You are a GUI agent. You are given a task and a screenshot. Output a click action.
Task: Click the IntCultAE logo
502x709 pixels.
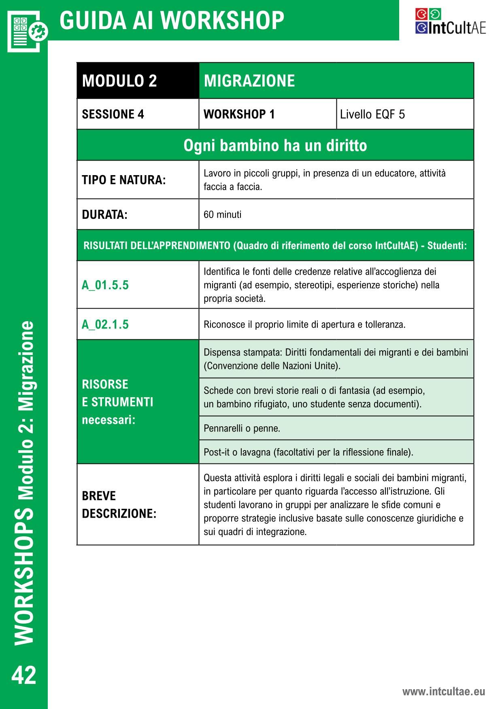click(x=450, y=22)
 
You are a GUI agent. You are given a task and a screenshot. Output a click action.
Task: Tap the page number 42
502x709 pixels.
click(x=24, y=675)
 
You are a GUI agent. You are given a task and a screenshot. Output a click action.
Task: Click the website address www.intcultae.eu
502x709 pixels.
click(x=443, y=691)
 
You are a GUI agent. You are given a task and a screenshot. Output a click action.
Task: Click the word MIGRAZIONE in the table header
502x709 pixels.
click(x=249, y=80)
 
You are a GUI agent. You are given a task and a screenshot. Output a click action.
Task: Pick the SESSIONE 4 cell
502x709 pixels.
click(x=113, y=114)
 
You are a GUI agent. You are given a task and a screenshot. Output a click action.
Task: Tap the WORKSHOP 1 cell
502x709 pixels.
click(x=239, y=114)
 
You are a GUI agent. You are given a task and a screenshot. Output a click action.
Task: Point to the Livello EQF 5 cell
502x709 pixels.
click(x=372, y=114)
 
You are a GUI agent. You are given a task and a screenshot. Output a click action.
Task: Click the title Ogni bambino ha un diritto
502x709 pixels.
click(x=275, y=145)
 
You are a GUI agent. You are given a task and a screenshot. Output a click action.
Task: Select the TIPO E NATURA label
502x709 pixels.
click(x=124, y=180)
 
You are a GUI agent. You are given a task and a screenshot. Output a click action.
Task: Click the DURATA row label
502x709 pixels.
click(x=104, y=214)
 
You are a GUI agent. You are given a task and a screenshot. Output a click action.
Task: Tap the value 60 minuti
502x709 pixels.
click(x=222, y=214)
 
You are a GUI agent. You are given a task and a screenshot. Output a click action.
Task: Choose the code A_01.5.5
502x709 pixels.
click(x=105, y=285)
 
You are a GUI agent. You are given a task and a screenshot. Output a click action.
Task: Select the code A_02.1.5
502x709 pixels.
click(x=105, y=324)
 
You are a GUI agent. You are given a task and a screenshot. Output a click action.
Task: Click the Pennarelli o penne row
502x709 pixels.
click(x=242, y=428)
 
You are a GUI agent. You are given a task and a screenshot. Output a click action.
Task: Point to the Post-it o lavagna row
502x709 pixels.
click(x=308, y=452)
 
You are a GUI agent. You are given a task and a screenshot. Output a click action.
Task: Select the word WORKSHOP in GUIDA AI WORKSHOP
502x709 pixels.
click(x=225, y=20)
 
